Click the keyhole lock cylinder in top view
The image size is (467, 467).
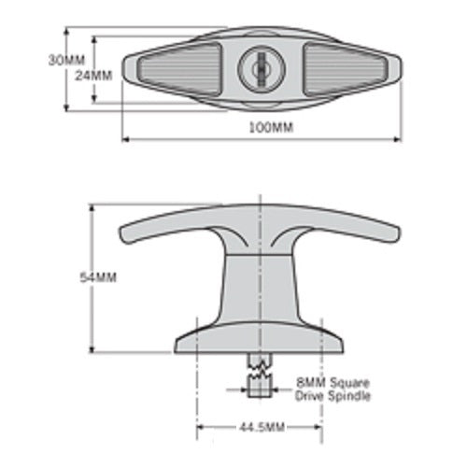click(261, 69)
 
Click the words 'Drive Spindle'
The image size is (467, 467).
click(333, 396)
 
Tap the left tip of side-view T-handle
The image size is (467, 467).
click(125, 230)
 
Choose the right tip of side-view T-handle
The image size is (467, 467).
click(393, 233)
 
